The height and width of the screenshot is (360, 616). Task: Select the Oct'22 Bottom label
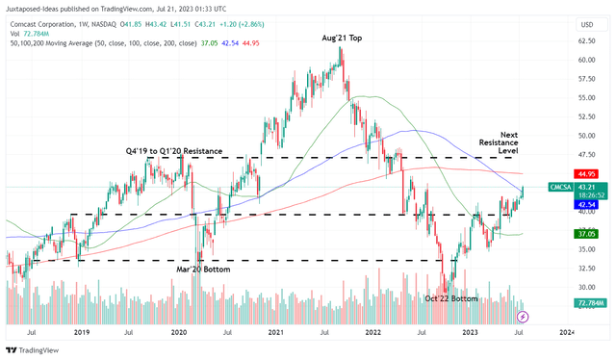[451, 298]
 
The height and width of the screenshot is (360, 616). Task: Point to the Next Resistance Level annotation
[522, 141]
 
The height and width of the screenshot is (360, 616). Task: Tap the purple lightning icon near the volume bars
[523, 316]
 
